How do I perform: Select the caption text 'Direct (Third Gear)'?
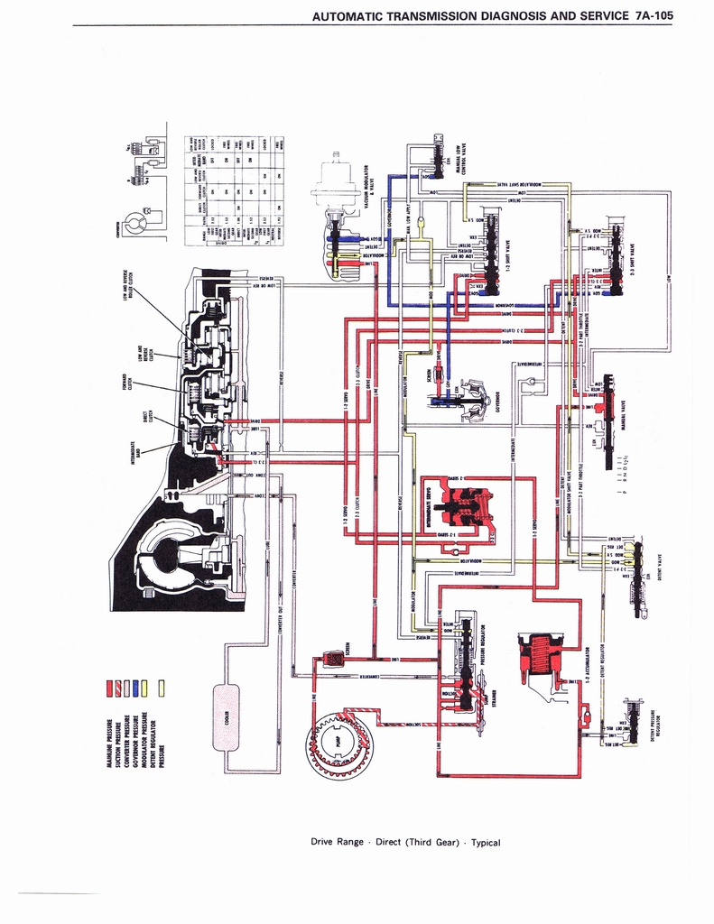click(x=422, y=842)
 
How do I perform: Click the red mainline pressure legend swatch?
click(x=111, y=690)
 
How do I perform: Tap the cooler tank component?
click(x=226, y=717)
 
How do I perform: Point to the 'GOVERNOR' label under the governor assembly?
click(x=498, y=398)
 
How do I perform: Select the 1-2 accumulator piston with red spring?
click(x=542, y=656)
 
